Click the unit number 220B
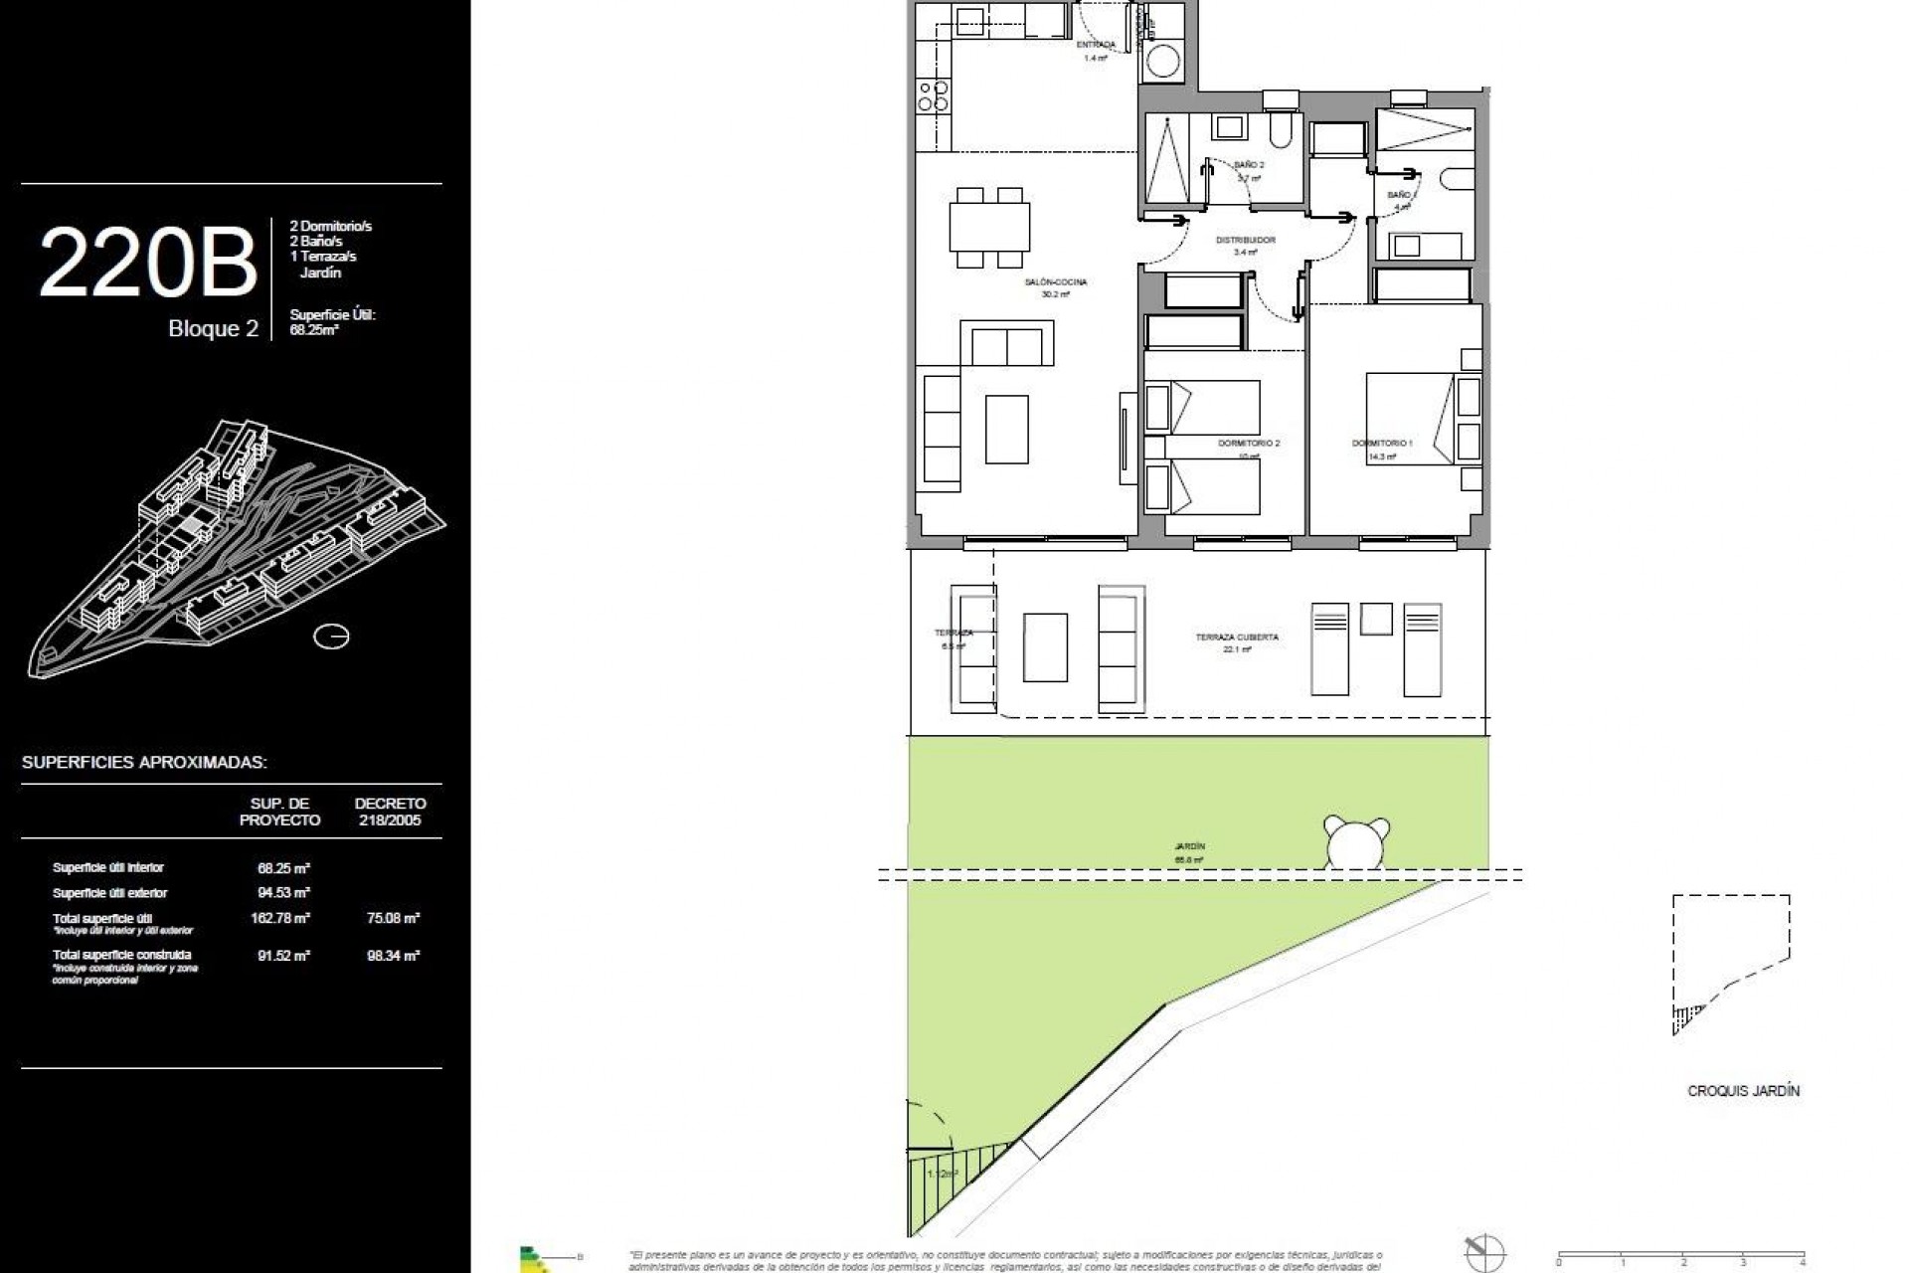pos(148,263)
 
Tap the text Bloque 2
pos(213,329)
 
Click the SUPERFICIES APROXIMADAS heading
pos(144,763)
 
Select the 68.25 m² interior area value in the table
pos(283,868)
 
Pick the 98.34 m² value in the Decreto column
pos(393,956)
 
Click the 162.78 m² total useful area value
pos(280,918)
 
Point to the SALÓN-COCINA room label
pos(1056,282)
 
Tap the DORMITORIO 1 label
pos(1382,444)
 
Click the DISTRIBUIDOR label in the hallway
pos(1245,241)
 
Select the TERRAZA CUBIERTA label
pos(1237,637)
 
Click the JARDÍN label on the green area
pos(1189,846)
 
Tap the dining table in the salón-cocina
pos(989,227)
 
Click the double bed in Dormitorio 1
pos(1412,418)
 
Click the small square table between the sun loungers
pos(1377,619)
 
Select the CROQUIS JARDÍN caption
pos(1743,1091)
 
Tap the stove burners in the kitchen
pos(933,95)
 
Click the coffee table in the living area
pos(1006,429)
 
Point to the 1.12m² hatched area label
pos(942,1175)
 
